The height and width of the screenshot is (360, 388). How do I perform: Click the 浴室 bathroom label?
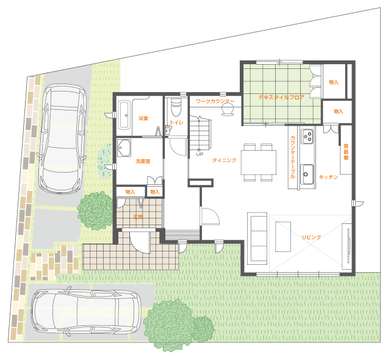(x=143, y=118)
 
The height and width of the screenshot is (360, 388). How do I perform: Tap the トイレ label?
(x=177, y=122)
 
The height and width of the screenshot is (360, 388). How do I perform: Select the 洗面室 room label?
(x=143, y=161)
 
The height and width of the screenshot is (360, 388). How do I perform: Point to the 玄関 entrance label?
(x=138, y=217)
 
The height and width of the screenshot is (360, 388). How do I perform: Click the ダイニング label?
(x=224, y=160)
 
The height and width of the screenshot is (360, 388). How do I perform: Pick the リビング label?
(x=311, y=237)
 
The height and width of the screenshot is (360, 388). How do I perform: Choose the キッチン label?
(x=328, y=177)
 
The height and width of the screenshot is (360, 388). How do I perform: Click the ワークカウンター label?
(x=215, y=101)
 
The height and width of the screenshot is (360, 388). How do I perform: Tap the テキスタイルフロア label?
(x=281, y=97)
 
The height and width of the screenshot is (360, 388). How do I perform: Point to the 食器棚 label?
(x=346, y=152)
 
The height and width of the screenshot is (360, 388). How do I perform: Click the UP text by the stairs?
(x=199, y=154)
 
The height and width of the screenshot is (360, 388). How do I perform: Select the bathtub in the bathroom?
(x=124, y=115)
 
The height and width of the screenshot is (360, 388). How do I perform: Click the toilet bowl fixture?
(x=176, y=107)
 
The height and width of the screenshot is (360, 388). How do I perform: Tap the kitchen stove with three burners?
(x=307, y=136)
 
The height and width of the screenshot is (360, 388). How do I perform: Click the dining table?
(x=259, y=162)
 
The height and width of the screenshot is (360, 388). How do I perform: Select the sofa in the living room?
(x=257, y=238)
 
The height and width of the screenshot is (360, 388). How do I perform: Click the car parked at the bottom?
(x=86, y=311)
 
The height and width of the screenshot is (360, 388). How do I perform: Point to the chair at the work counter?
(x=228, y=109)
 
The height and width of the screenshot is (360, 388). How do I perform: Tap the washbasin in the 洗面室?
(x=124, y=148)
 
